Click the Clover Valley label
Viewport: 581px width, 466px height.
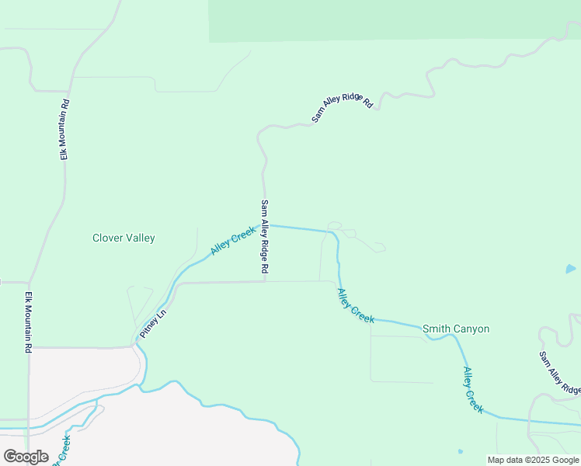tap(124, 238)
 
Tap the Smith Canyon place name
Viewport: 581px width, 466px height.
tap(456, 329)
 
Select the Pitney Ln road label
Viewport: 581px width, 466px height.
tap(153, 325)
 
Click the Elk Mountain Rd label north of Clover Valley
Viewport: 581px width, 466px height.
tap(65, 129)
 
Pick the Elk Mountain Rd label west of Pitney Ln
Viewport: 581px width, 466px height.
tap(28, 322)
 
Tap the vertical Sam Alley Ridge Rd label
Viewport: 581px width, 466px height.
tap(264, 236)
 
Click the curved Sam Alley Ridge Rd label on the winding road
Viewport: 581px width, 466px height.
tap(343, 104)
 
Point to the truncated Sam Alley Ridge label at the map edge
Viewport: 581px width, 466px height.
tap(560, 373)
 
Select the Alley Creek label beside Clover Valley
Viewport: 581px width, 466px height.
tap(232, 242)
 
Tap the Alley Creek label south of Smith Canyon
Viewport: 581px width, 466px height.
tap(473, 390)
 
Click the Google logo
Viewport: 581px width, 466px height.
tap(26, 457)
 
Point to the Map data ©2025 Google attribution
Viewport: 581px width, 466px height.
tap(533, 460)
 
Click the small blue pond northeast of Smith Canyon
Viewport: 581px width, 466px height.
tap(571, 269)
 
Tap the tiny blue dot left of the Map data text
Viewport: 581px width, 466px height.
tap(461, 451)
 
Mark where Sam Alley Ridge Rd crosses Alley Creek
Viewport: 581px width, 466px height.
tap(265, 225)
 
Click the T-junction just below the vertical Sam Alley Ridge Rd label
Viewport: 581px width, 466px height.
tap(265, 282)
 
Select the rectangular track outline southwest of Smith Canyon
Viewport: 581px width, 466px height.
tap(402, 359)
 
